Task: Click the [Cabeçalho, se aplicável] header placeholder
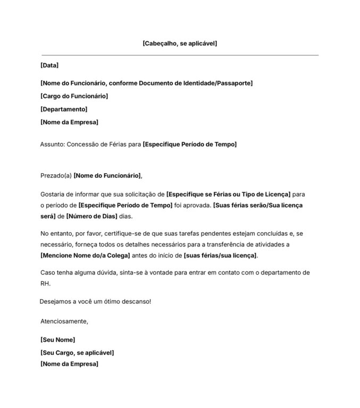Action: click(180, 43)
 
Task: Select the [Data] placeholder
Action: click(49, 65)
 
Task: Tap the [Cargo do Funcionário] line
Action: click(74, 96)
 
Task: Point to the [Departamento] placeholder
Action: click(64, 109)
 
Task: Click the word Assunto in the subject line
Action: click(52, 144)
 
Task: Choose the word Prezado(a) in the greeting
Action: click(56, 176)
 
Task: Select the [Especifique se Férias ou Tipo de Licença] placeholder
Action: click(229, 194)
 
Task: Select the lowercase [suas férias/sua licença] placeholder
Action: click(220, 256)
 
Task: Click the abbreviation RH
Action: click(45, 284)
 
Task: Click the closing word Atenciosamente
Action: click(64, 321)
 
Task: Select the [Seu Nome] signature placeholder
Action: click(58, 340)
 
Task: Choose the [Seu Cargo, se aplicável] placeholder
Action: click(77, 353)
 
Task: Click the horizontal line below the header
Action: click(180, 55)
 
